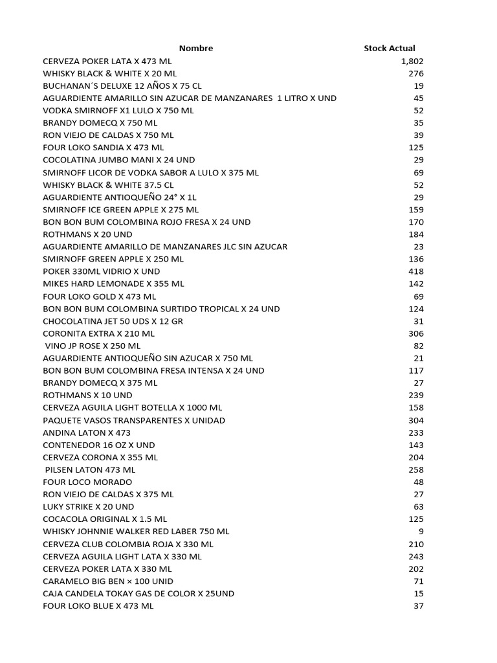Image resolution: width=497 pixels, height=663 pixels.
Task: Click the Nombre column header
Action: click(x=195, y=48)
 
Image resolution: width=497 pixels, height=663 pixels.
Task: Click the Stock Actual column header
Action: click(x=390, y=48)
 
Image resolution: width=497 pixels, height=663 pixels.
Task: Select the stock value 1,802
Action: click(x=412, y=61)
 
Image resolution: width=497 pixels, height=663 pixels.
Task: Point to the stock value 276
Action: click(x=415, y=73)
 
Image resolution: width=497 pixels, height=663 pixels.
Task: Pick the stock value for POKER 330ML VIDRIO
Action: click(x=415, y=271)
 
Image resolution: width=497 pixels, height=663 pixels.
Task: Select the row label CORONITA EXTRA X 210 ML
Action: click(x=99, y=333)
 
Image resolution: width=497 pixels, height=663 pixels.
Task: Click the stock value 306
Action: click(x=415, y=333)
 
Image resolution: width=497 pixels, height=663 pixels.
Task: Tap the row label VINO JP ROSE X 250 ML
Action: click(x=93, y=346)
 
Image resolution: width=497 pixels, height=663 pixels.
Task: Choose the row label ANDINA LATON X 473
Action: click(x=87, y=433)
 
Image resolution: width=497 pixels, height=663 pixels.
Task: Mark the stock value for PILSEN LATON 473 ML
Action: click(x=415, y=469)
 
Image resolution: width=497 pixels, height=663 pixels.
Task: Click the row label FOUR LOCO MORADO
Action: click(x=87, y=482)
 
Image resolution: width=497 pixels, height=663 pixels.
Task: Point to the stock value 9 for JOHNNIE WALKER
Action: click(x=421, y=531)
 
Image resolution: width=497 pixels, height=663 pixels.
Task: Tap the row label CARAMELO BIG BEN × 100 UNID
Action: click(x=108, y=581)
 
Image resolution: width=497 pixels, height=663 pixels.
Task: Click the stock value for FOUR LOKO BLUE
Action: click(x=418, y=606)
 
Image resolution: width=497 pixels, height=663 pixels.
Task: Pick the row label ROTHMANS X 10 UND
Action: click(x=87, y=395)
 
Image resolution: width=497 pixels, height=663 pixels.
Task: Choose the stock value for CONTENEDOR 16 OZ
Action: click(x=415, y=445)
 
